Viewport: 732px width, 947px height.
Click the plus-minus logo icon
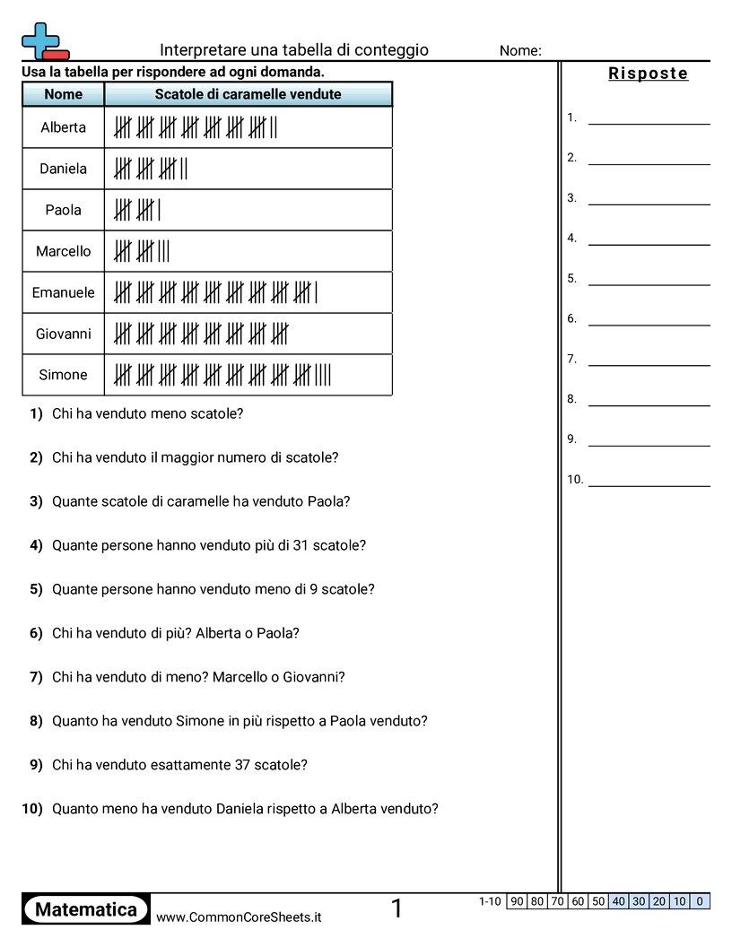tap(44, 42)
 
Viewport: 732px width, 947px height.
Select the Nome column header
tap(63, 94)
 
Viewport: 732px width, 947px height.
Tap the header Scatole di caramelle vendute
tap(248, 94)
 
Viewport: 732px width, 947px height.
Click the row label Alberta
tap(63, 127)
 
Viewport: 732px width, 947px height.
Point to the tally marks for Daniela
tap(151, 169)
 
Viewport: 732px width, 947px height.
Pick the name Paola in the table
tap(63, 210)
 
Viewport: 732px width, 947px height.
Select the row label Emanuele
tap(63, 292)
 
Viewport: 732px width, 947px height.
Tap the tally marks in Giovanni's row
tap(201, 334)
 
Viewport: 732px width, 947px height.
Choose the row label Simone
tap(63, 375)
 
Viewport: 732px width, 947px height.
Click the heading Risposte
tap(649, 74)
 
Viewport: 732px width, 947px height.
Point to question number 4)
tap(36, 545)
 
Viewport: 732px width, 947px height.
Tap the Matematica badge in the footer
tap(86, 909)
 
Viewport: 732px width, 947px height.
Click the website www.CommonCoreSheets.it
tap(239, 917)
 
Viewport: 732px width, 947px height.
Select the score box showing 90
tap(517, 901)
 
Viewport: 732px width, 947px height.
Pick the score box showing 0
tap(700, 901)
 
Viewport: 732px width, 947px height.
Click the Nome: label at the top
tap(520, 51)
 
